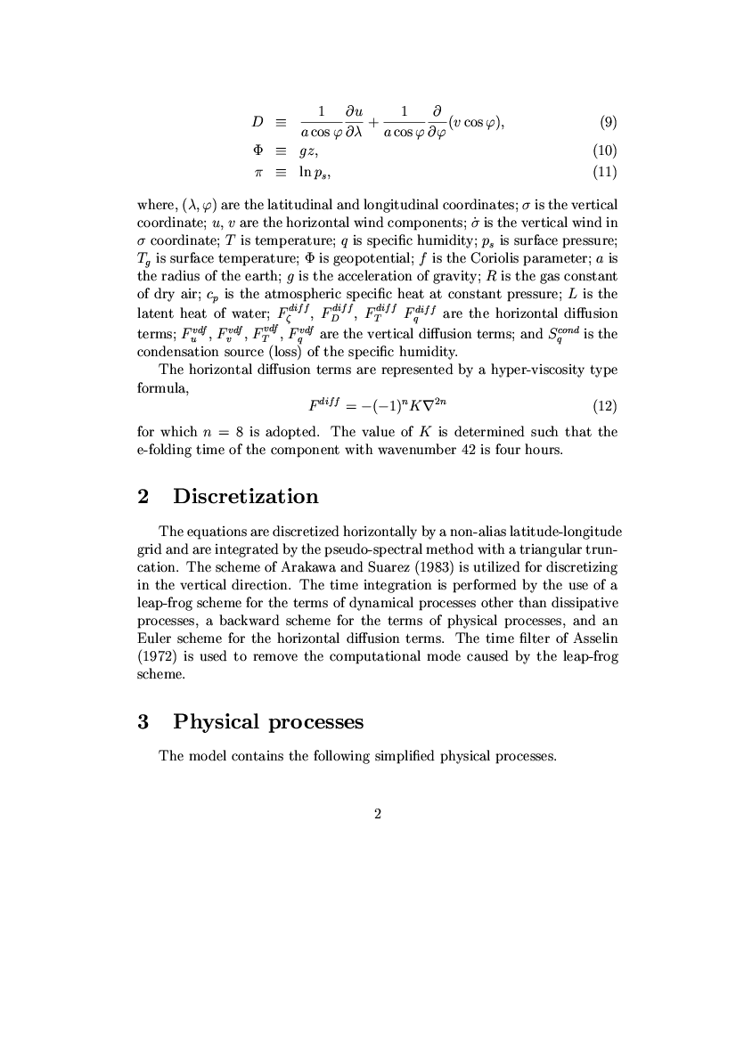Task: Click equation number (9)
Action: [x=607, y=122]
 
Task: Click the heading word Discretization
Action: [x=246, y=496]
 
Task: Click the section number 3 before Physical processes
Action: [x=143, y=721]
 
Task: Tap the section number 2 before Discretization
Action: [x=143, y=496]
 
